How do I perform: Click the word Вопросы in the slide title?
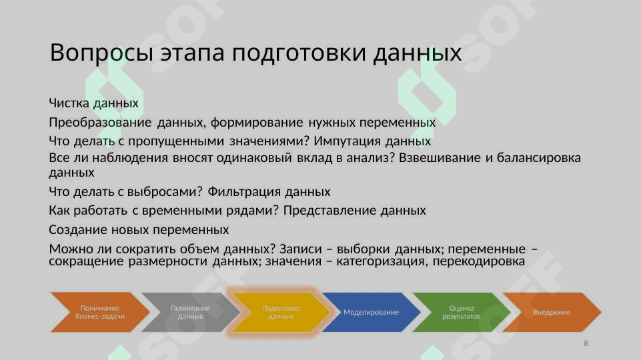click(101, 53)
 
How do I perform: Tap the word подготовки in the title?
click(299, 53)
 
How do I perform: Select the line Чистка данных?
click(93, 103)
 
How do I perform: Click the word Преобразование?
click(100, 122)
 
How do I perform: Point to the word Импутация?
click(347, 141)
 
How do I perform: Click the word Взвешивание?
click(440, 158)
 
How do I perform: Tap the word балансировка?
click(539, 158)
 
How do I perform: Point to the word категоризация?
click(382, 261)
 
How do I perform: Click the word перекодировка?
click(479, 261)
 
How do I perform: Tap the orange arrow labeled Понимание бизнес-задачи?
click(100, 312)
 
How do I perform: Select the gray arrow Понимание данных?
click(191, 312)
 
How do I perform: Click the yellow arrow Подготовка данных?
click(281, 312)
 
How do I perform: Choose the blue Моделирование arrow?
click(371, 312)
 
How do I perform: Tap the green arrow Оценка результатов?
click(462, 312)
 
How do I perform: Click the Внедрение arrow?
click(552, 312)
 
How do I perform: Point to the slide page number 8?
click(586, 343)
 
